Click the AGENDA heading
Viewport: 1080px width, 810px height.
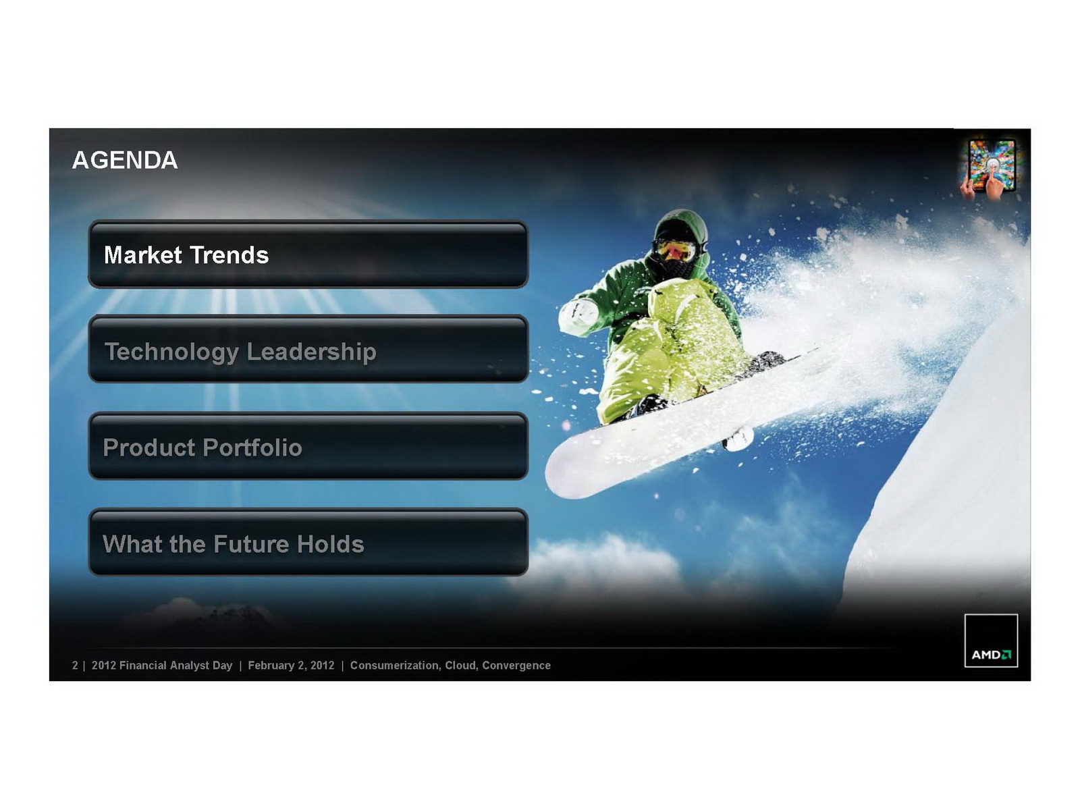pyautogui.click(x=124, y=161)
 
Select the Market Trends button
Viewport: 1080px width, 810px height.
pyautogui.click(x=308, y=254)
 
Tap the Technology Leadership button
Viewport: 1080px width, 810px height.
pyautogui.click(x=308, y=349)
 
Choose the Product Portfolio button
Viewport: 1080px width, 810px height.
pyautogui.click(x=308, y=446)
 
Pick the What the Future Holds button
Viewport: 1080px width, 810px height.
pyautogui.click(x=308, y=542)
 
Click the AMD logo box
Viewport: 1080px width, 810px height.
pyautogui.click(x=990, y=641)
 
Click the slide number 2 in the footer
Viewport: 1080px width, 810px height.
pyautogui.click(x=75, y=666)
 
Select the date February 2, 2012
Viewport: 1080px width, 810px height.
pyautogui.click(x=291, y=666)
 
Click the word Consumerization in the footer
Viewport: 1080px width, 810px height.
pyautogui.click(x=395, y=666)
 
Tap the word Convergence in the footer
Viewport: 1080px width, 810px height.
pyautogui.click(x=516, y=666)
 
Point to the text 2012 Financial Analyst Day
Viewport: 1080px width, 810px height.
pyautogui.click(x=162, y=666)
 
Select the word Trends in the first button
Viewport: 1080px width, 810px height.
pyautogui.click(x=230, y=254)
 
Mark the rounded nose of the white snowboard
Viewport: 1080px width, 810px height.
pyautogui.click(x=561, y=471)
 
